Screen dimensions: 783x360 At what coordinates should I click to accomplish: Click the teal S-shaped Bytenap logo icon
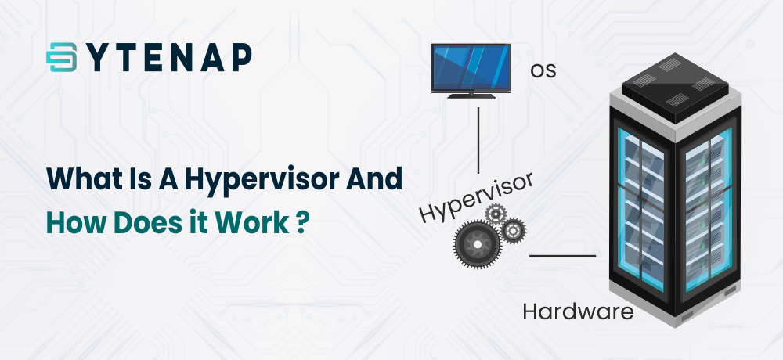(61, 57)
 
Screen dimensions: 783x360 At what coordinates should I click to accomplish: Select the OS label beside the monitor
(543, 70)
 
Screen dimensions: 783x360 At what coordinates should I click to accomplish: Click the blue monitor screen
(471, 68)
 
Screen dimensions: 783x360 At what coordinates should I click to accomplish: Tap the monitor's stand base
(471, 95)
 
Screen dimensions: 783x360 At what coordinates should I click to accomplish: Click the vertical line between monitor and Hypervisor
(478, 140)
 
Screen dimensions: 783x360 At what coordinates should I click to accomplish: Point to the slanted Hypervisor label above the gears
(477, 196)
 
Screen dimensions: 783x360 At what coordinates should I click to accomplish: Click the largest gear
(476, 243)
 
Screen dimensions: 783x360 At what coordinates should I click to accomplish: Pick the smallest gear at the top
(496, 214)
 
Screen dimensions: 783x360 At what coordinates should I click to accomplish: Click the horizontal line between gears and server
(562, 256)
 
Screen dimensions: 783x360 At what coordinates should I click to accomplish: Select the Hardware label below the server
(579, 312)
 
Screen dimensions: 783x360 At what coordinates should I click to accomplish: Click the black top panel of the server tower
(675, 88)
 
